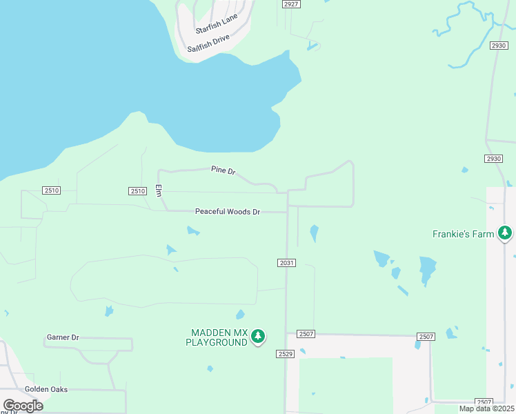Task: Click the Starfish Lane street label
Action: tap(216, 23)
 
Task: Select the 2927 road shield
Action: tap(291, 4)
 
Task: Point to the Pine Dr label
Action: tap(224, 170)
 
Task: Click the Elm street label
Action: tap(158, 190)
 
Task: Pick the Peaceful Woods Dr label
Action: tap(227, 212)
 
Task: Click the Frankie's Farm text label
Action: tap(463, 234)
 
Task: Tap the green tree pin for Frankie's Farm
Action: tap(506, 233)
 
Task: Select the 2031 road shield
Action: tap(287, 263)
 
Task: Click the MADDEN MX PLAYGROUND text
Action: tap(217, 337)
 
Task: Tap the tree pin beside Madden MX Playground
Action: tap(258, 337)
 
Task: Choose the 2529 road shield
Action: tap(286, 354)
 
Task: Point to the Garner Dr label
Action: tap(63, 337)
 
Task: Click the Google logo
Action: tap(23, 405)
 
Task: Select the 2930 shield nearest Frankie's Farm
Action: tap(493, 159)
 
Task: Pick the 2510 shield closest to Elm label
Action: tap(138, 191)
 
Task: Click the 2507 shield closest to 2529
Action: tap(306, 334)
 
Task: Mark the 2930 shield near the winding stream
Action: tap(499, 46)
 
